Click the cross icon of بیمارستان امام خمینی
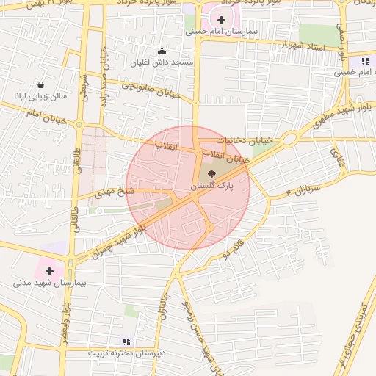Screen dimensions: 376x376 click(x=222, y=20)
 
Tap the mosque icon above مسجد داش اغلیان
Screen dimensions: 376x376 click(x=162, y=51)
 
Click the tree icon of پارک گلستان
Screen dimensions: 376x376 click(x=211, y=174)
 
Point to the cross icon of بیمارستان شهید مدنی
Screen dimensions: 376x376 click(x=49, y=271)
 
